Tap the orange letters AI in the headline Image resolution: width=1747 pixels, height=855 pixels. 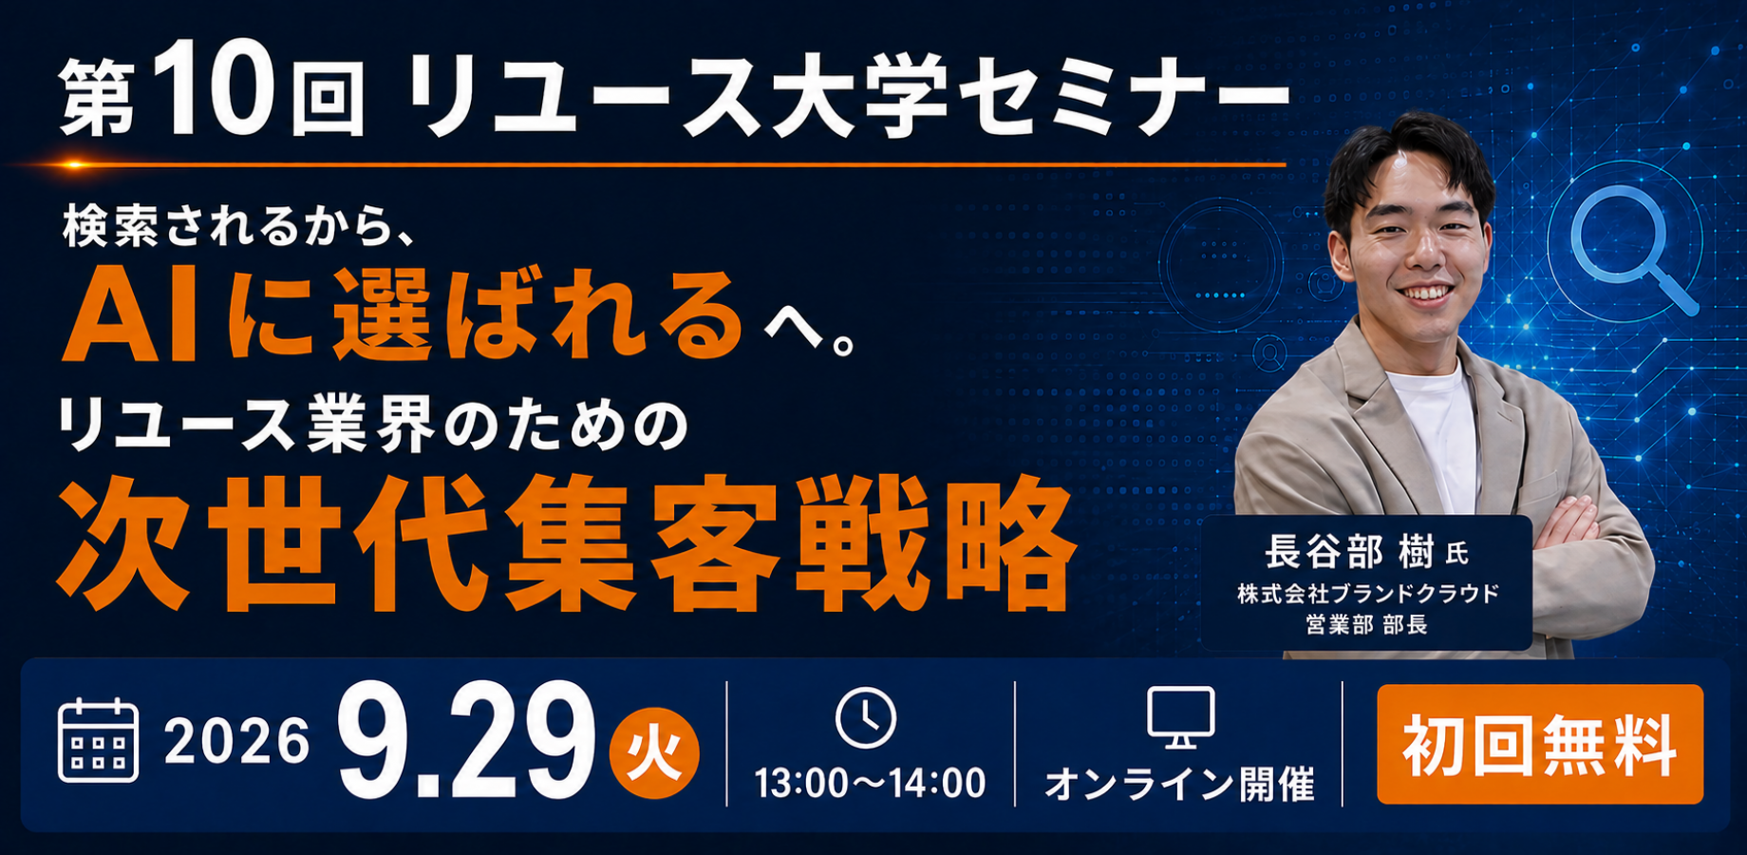130,320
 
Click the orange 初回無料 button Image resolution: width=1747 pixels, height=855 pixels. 1539,745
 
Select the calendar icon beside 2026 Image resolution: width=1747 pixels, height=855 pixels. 98,740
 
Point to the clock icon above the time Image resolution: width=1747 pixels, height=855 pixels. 866,718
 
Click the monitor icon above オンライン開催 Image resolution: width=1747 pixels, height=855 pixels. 1180,718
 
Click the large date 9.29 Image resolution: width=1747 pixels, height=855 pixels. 465,741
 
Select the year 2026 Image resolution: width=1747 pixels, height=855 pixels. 237,741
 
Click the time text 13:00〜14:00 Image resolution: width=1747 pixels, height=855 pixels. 870,784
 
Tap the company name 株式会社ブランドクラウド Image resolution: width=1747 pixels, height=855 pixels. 1367,594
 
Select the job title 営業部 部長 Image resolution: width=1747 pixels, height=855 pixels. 1366,624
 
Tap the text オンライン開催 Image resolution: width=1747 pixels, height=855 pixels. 1180,785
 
